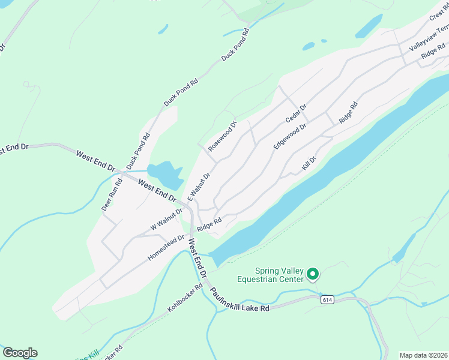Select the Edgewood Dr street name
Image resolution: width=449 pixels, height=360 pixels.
(290, 136)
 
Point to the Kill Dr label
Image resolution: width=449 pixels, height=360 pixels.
(309, 163)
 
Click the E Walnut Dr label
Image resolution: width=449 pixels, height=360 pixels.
(199, 187)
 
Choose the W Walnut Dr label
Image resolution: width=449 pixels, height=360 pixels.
(166, 220)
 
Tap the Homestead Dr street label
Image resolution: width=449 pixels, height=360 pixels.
(164, 248)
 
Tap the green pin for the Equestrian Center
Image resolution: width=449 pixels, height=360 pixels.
(312, 274)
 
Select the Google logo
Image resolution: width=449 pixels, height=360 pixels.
(20, 353)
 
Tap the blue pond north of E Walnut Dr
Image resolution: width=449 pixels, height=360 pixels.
(164, 175)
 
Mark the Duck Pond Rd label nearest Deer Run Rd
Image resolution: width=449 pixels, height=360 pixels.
(137, 151)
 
